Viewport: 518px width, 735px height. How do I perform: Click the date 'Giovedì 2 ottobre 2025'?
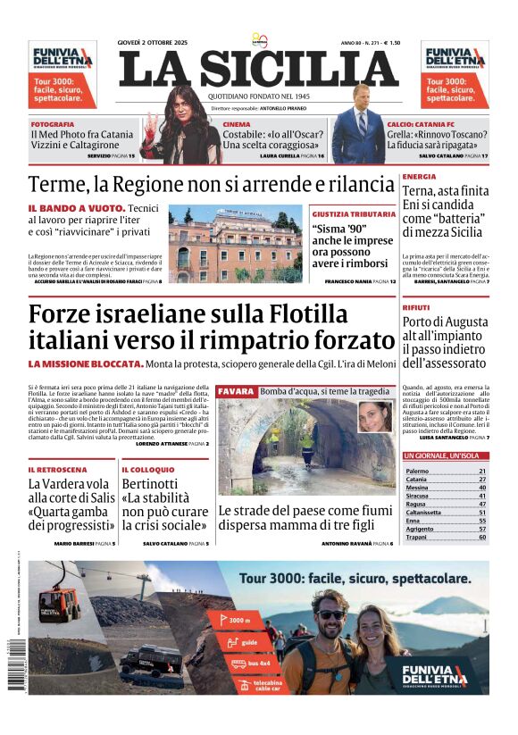[160, 43]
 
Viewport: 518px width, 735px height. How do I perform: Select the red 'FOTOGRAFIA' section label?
[52, 124]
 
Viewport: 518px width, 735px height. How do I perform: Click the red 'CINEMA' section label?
[237, 124]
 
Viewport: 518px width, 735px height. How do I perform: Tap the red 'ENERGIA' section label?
[419, 177]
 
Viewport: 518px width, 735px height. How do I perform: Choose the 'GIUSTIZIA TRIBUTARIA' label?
[349, 214]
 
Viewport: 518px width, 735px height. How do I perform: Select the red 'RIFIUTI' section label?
[416, 307]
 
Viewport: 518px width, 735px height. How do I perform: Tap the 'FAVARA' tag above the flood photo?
[237, 391]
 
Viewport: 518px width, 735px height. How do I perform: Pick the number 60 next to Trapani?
[482, 538]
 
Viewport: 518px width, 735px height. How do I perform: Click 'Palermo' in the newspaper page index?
[417, 471]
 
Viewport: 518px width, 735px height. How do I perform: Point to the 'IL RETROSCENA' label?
[57, 470]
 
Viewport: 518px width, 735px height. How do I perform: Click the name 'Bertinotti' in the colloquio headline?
[150, 485]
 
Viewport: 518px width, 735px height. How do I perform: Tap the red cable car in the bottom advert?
[59, 605]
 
